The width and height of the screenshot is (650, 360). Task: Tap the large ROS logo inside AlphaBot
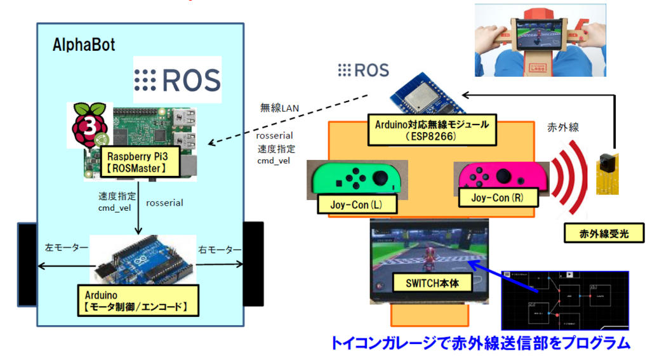(x=177, y=80)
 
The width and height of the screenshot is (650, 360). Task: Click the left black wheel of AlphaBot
(x=27, y=263)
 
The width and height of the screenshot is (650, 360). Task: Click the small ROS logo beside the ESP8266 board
(x=363, y=70)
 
